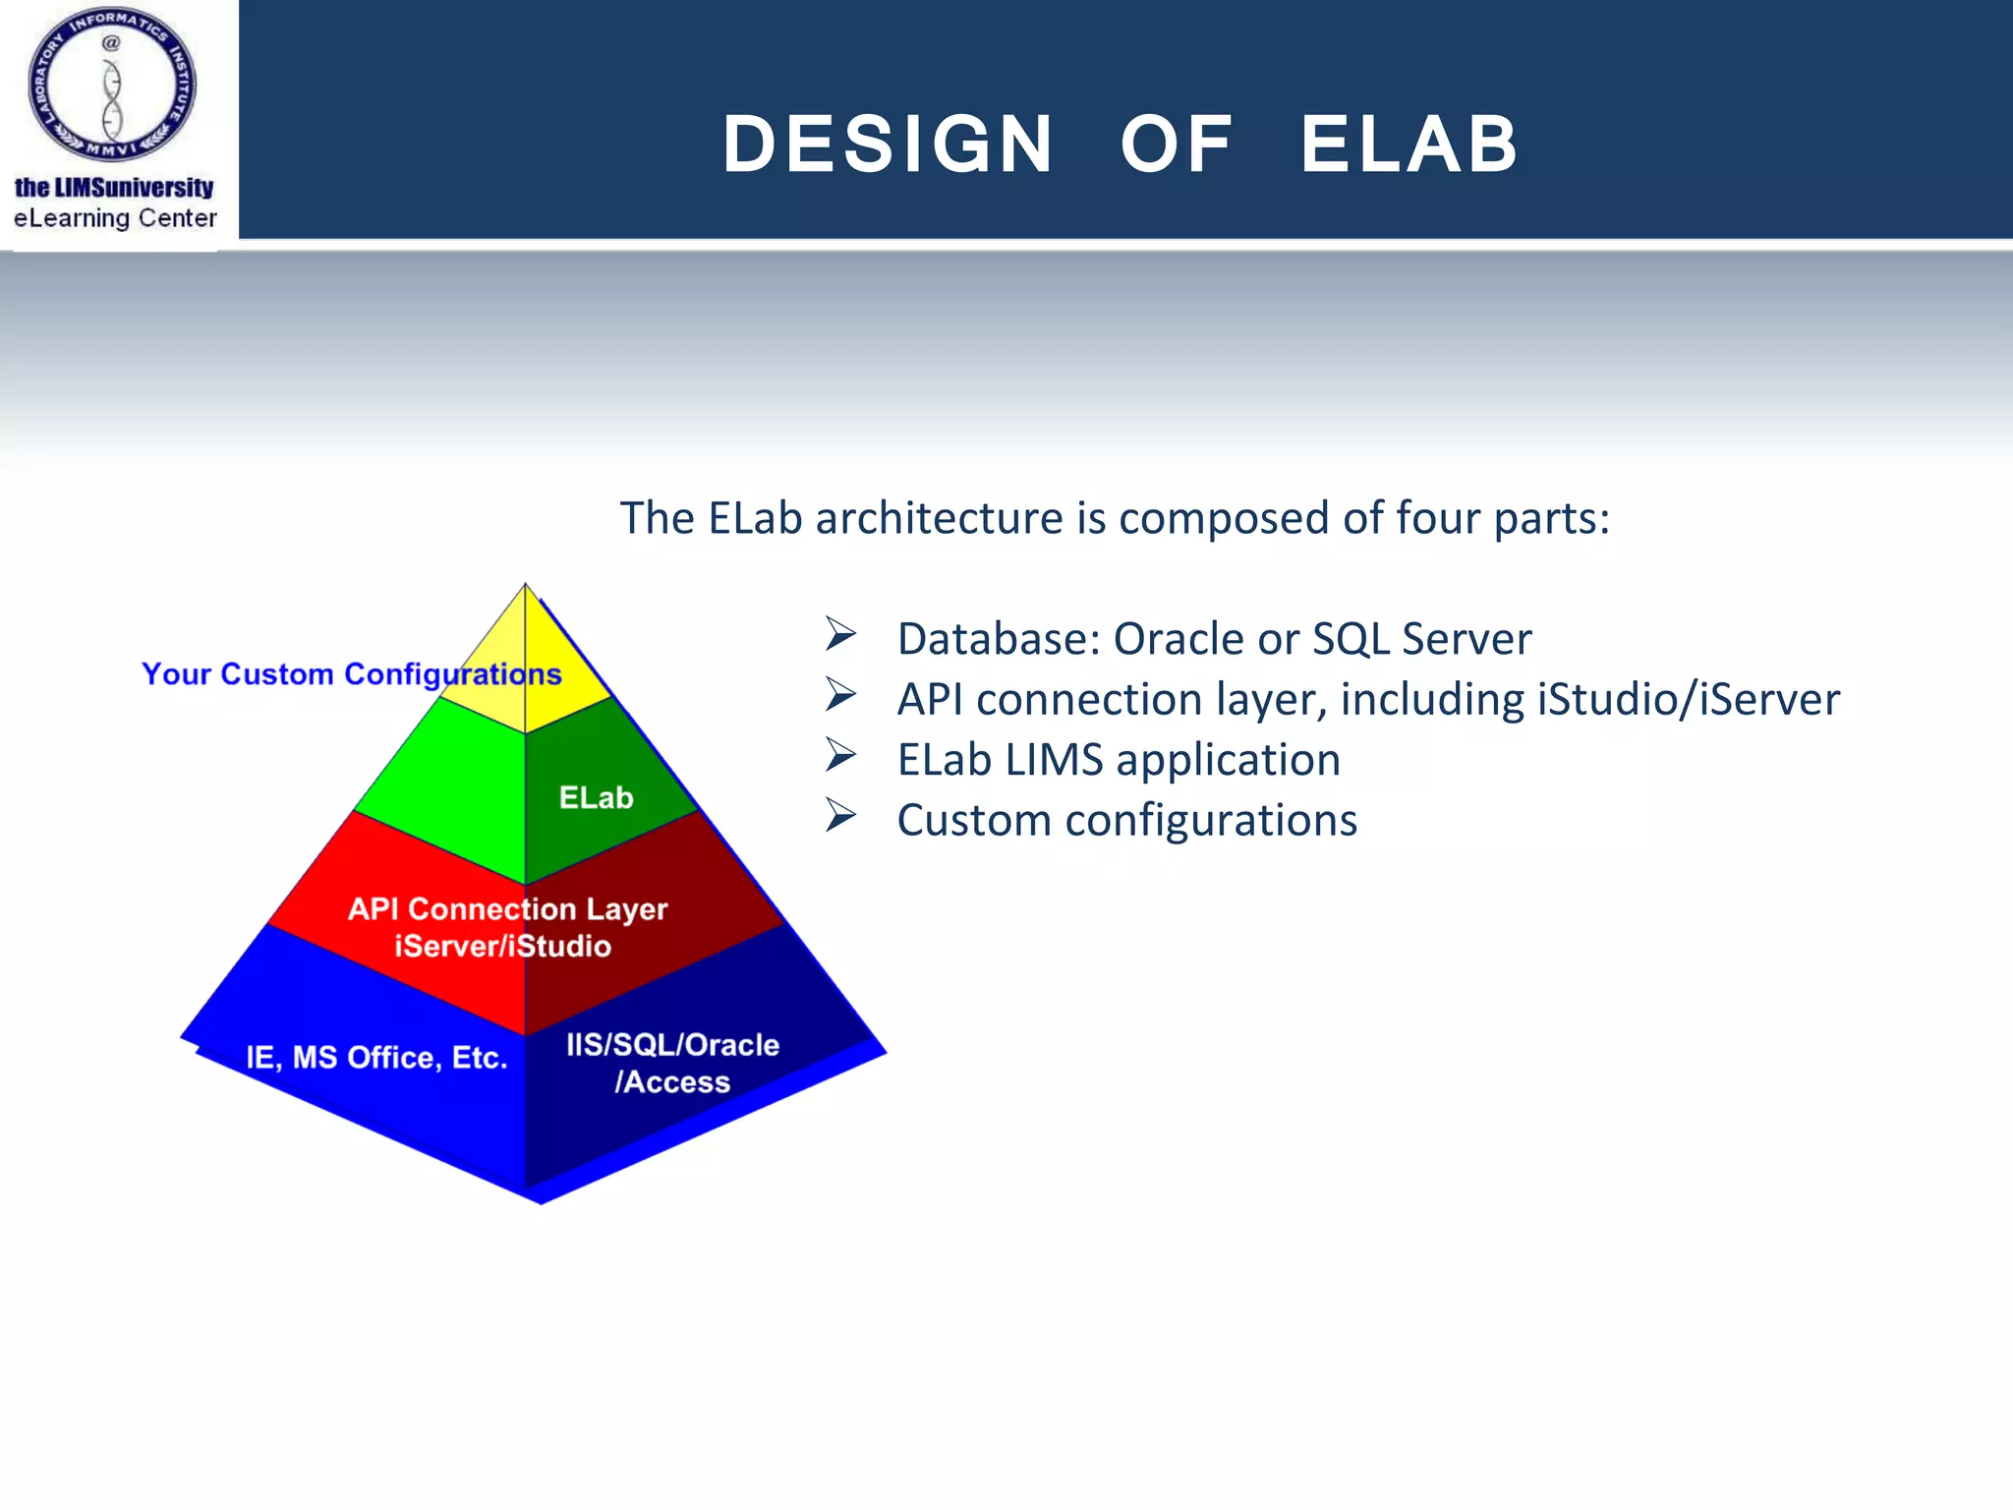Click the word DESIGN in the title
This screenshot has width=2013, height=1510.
click(x=888, y=145)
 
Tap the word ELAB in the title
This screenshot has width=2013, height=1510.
click(x=1409, y=145)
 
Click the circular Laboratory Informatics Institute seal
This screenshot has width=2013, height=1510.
click(x=112, y=85)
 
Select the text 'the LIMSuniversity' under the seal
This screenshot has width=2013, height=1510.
click(x=114, y=187)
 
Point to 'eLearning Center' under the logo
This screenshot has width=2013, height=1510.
click(x=115, y=218)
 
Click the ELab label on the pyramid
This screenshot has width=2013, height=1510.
click(x=596, y=797)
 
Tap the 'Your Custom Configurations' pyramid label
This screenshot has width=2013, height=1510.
click(x=351, y=674)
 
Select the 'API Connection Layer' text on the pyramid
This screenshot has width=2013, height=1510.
click(x=507, y=908)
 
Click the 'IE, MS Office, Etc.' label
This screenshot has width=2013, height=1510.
click(x=376, y=1058)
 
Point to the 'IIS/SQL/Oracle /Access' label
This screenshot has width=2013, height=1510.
click(x=672, y=1063)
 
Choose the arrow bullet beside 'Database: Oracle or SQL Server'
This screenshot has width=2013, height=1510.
click(x=840, y=635)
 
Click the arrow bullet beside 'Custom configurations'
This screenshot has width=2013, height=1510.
click(x=840, y=816)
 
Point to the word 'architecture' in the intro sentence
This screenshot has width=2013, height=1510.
click(x=939, y=518)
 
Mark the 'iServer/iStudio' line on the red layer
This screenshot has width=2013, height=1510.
click(x=502, y=947)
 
